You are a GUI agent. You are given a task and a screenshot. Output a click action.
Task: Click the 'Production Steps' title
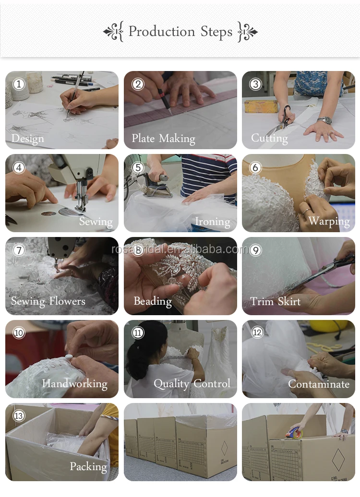pyautogui.click(x=180, y=32)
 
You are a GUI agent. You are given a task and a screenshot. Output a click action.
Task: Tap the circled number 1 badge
pyautogui.click(x=19, y=84)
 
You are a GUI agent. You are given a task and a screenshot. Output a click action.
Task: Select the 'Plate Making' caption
pyautogui.click(x=163, y=139)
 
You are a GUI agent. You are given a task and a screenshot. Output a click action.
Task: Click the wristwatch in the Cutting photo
pyautogui.click(x=324, y=120)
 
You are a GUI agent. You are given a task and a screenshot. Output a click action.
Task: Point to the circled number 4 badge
pyautogui.click(x=19, y=167)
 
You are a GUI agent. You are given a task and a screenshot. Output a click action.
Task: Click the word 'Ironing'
pyautogui.click(x=213, y=222)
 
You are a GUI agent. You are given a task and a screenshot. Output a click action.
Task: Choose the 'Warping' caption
pyautogui.click(x=329, y=221)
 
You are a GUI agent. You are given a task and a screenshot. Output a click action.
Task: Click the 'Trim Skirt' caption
pyautogui.click(x=276, y=301)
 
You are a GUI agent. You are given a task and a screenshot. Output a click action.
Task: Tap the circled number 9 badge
pyautogui.click(x=256, y=250)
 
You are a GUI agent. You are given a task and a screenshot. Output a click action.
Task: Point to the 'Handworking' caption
pyautogui.click(x=75, y=384)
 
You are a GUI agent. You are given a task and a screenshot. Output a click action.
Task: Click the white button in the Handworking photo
pyautogui.click(x=69, y=357)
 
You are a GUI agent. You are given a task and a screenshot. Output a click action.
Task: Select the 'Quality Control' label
pyautogui.click(x=192, y=384)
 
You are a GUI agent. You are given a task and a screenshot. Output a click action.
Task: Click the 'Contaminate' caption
pyautogui.click(x=319, y=384)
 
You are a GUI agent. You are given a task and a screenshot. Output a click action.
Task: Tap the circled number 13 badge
pyautogui.click(x=19, y=415)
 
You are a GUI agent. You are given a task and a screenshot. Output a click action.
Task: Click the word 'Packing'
pyautogui.click(x=88, y=467)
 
